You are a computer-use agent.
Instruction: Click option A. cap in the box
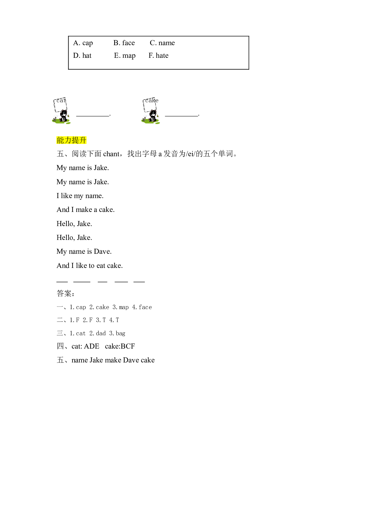(x=83, y=43)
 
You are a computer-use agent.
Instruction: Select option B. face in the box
(x=124, y=43)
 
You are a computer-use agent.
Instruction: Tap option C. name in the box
(x=162, y=43)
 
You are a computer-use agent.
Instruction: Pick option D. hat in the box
(x=82, y=56)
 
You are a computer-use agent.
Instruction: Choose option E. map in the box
(x=125, y=56)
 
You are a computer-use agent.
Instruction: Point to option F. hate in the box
(x=159, y=56)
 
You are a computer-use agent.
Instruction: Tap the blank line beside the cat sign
(x=93, y=116)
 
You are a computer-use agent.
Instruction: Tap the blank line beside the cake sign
(x=182, y=116)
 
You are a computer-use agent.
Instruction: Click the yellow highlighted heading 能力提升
(x=71, y=140)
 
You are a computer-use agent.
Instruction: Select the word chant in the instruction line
(x=111, y=154)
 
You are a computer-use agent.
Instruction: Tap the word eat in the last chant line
(x=101, y=266)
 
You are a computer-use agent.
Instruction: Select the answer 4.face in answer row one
(x=142, y=307)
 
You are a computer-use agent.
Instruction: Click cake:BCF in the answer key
(x=120, y=346)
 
